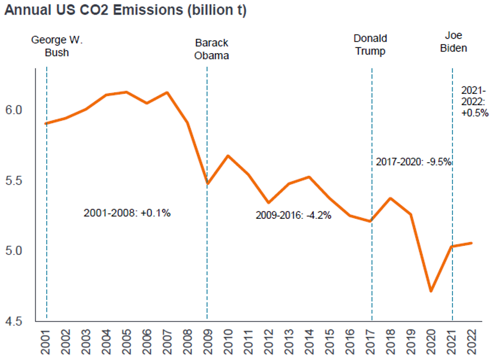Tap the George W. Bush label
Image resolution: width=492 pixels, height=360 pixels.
(57, 46)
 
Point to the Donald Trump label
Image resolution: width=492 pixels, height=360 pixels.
(370, 45)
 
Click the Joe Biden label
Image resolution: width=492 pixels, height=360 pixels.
(454, 42)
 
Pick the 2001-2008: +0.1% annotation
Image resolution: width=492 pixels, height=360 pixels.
(127, 213)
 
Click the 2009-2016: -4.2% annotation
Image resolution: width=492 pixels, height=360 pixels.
(293, 215)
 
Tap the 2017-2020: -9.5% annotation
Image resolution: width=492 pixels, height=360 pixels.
(413, 162)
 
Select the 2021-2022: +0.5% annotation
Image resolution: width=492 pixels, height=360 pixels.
(474, 101)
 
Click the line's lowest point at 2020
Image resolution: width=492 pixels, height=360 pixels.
(431, 291)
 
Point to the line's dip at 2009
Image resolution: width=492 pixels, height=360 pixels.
(208, 184)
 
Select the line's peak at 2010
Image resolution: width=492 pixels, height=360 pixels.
(227, 155)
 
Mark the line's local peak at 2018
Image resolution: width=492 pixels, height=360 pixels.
(391, 198)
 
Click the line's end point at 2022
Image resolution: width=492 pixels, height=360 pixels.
(472, 243)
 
